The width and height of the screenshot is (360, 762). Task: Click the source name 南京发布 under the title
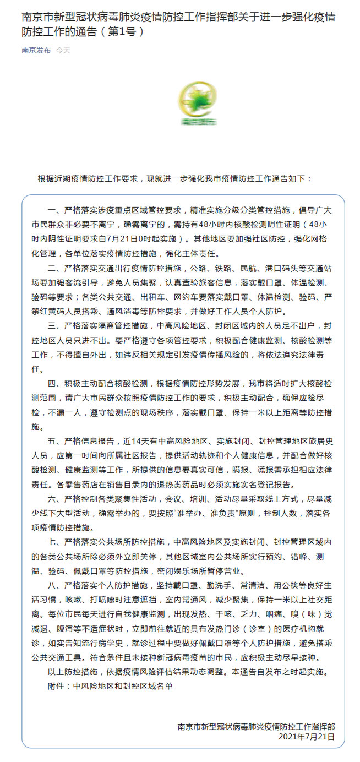pyautogui.click(x=36, y=50)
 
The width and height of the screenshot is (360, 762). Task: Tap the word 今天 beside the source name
pyautogui.click(x=63, y=50)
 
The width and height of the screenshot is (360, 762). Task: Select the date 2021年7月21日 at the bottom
pyautogui.click(x=307, y=736)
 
